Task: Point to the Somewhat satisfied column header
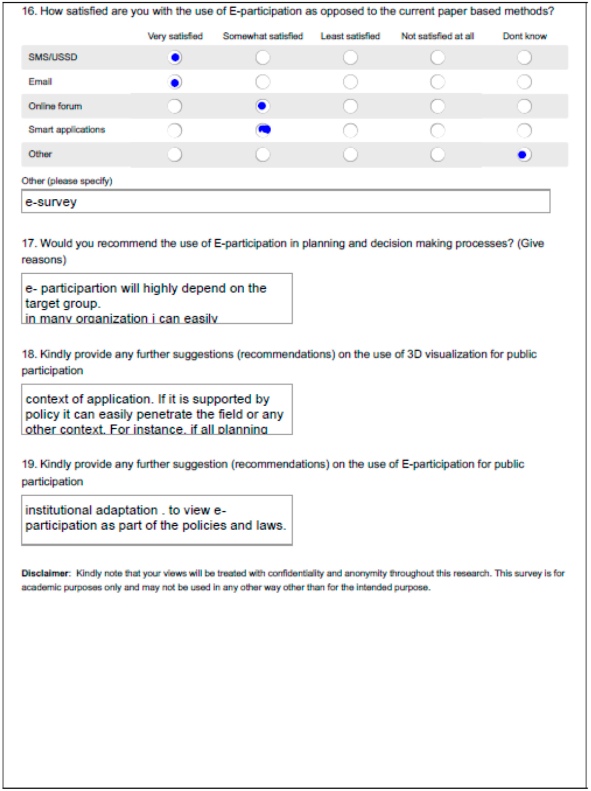pos(263,36)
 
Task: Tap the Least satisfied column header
pos(350,36)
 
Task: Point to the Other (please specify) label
pos(67,181)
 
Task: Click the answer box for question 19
pos(157,520)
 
